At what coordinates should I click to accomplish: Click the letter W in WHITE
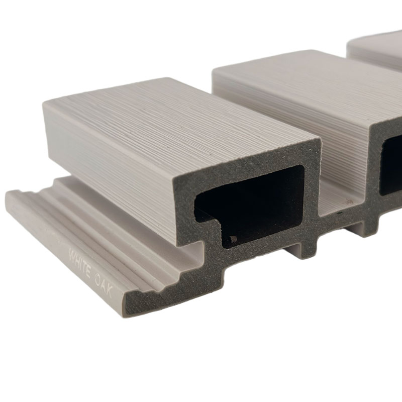[73, 254]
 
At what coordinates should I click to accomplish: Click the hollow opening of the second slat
[391, 167]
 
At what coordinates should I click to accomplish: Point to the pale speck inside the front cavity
[233, 239]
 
